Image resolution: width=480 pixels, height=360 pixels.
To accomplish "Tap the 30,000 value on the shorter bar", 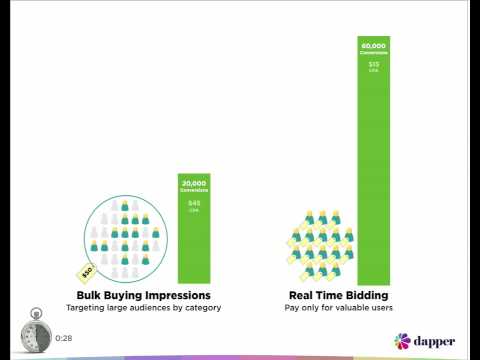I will pos(194,181).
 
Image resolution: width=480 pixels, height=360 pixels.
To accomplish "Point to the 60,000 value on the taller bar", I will pos(373,45).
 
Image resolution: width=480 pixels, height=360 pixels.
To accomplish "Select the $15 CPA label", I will pos(373,66).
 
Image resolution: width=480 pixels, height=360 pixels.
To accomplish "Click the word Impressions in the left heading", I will pos(176,296).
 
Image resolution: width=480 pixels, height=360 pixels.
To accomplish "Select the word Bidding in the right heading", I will pos(366,296).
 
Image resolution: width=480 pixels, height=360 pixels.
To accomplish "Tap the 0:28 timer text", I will pos(64,338).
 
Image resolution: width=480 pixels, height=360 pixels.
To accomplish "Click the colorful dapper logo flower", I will pos(401,341).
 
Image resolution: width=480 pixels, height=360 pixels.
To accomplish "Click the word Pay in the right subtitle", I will pos(291,308).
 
